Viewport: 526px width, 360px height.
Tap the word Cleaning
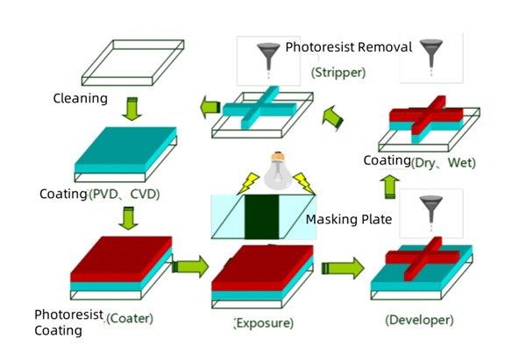pyautogui.click(x=81, y=98)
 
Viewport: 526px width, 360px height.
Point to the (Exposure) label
pyautogui.click(x=264, y=323)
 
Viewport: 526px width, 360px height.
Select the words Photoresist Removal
pyautogui.click(x=348, y=46)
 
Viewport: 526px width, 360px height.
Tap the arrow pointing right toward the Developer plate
pyautogui.click(x=345, y=266)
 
